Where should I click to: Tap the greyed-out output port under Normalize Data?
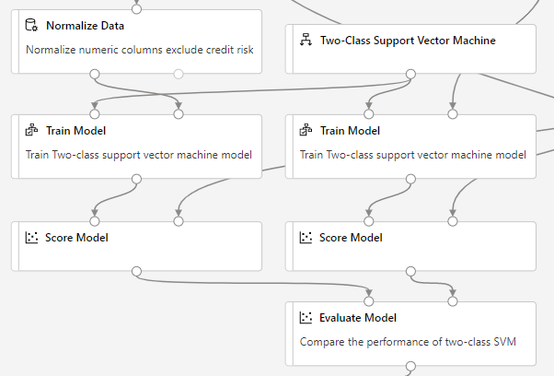click(179, 74)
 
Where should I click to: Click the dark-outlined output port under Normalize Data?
click(94, 74)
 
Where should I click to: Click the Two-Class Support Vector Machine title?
click(408, 41)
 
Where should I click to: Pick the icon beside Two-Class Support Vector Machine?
click(306, 41)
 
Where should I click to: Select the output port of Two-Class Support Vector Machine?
click(410, 74)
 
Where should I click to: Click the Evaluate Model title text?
click(358, 318)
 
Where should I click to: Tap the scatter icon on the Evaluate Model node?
click(306, 318)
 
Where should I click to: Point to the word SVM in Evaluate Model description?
click(504, 341)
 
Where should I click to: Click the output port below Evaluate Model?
click(410, 366)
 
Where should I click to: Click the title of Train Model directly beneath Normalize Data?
click(75, 131)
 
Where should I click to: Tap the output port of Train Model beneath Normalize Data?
click(136, 179)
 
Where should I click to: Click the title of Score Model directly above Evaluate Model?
click(351, 238)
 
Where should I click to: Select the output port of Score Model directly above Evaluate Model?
click(410, 271)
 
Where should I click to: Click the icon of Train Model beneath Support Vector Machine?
click(306, 131)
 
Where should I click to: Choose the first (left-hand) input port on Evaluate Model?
click(369, 300)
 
